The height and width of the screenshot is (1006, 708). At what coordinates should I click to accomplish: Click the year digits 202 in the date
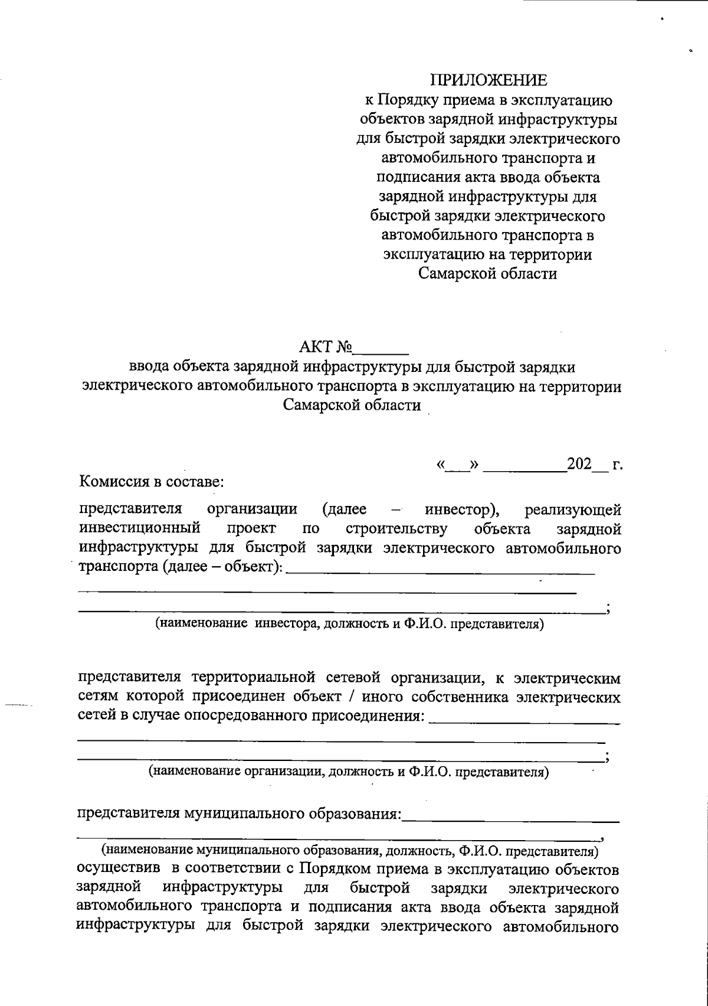tap(579, 464)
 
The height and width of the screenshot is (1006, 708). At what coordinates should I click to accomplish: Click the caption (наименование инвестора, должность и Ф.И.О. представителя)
tap(349, 624)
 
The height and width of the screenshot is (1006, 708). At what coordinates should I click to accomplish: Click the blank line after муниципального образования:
tap(510, 819)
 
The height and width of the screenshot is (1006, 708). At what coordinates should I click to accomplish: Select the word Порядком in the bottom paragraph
tap(332, 870)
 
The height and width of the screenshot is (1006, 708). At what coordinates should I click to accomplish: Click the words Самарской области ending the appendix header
tap(488, 275)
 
